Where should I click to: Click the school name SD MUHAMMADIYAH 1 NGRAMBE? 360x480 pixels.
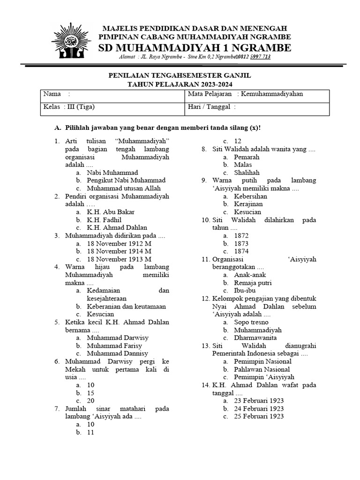click(195, 48)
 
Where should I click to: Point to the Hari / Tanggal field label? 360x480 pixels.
click(209, 106)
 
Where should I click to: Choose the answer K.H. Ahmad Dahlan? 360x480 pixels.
click(111, 227)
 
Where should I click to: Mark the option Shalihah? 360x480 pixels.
click(247, 172)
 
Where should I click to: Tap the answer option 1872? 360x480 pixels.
click(241, 235)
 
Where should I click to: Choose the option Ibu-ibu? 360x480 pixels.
click(245, 291)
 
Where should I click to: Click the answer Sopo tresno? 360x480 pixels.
click(251, 322)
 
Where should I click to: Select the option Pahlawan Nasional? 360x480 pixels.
click(262, 369)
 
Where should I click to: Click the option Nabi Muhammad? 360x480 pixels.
click(112, 172)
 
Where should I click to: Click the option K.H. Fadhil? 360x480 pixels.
click(104, 219)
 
